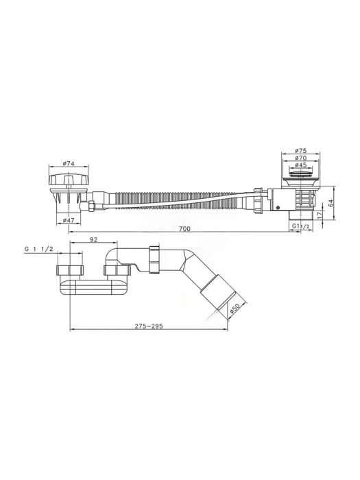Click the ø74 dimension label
point(69,163)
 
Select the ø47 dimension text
point(69,220)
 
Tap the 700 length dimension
point(185,228)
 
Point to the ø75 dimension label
point(301,151)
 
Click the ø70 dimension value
point(301,158)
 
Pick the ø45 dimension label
point(301,165)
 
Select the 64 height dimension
point(331,202)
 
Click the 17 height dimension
point(320,215)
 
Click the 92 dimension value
point(93,239)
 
